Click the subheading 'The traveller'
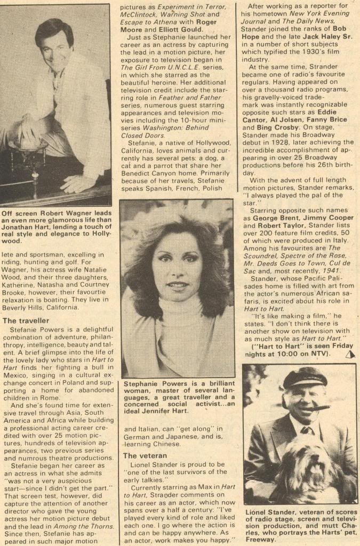click(x=26, y=320)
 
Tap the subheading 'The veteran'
click(x=145, y=455)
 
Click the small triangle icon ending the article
click(x=350, y=354)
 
